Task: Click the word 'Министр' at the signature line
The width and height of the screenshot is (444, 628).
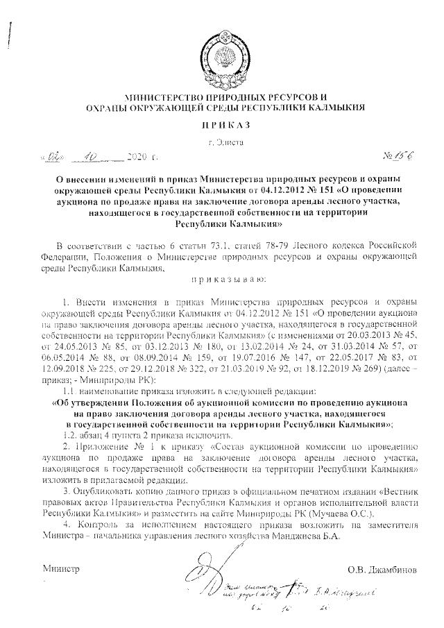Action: tap(62, 570)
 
